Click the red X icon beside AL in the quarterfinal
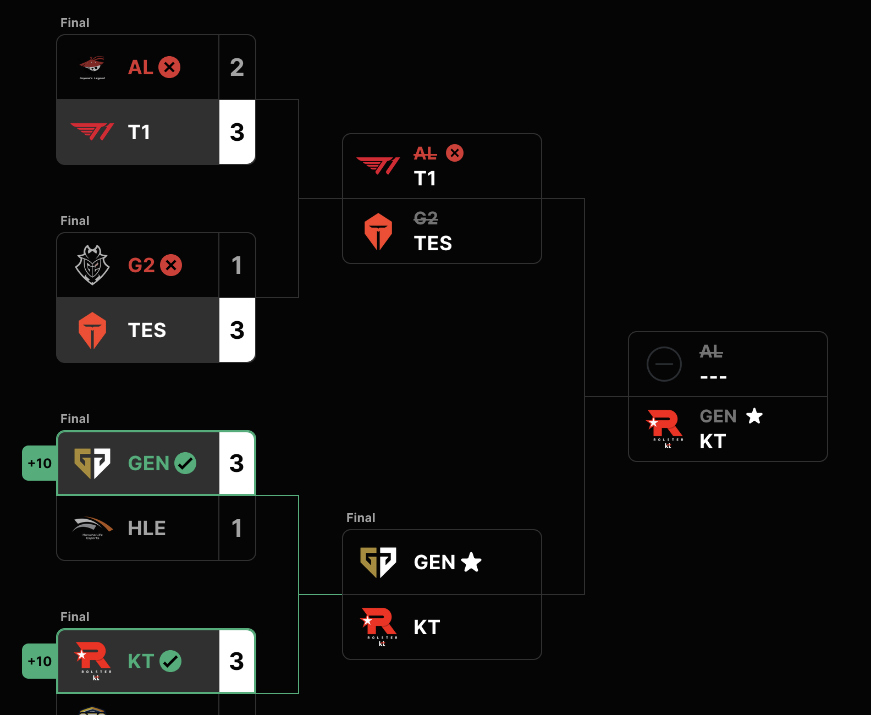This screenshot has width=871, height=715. (169, 67)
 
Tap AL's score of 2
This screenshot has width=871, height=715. (237, 68)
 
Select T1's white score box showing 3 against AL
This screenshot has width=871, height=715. (237, 132)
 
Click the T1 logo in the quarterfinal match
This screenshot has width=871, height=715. (92, 132)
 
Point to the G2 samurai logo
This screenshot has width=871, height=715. (92, 265)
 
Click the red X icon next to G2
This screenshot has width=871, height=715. (171, 265)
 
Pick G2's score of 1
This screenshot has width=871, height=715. (237, 266)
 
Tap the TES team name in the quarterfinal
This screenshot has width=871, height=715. (147, 330)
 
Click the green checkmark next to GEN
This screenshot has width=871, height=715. (185, 463)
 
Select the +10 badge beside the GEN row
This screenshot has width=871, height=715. (40, 463)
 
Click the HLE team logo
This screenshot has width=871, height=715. (92, 527)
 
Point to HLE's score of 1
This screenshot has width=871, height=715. (237, 529)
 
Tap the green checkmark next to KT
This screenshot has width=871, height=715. (170, 661)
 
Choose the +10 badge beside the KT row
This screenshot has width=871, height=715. (40, 661)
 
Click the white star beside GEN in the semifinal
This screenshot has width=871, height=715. (471, 562)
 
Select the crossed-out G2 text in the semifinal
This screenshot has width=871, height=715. (426, 218)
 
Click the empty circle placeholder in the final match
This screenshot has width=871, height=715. (664, 364)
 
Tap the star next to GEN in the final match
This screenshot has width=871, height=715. (754, 416)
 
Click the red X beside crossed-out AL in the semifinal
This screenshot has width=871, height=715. (455, 153)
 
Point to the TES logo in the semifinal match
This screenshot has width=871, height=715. (378, 231)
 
